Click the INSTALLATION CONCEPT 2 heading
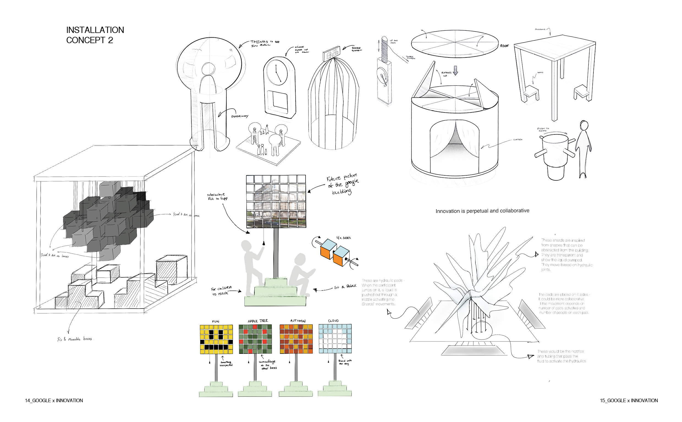coord(95,35)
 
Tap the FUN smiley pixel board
coord(216,339)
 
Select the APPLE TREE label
coord(258,321)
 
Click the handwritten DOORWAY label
coord(240,116)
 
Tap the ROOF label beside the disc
coord(504,46)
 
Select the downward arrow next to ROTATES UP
coord(455,71)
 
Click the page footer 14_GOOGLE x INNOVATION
coord(54,401)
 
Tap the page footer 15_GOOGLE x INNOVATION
coord(629,401)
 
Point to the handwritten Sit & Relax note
coord(345,287)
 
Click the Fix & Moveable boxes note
coord(75,339)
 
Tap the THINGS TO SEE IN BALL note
coord(264,43)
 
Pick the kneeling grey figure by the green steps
coord(300,275)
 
